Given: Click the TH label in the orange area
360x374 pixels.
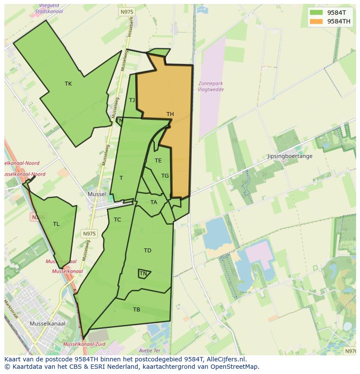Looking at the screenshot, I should click(170, 114).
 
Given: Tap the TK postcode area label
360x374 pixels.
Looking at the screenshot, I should click(68, 84).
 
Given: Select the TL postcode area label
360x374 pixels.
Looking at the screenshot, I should click(56, 224).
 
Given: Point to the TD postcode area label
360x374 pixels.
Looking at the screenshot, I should click(147, 251).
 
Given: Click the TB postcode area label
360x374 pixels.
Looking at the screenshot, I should click(137, 310).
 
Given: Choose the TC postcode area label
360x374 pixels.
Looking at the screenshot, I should click(117, 220).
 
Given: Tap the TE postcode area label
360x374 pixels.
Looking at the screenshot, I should click(158, 161).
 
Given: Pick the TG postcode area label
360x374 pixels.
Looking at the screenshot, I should click(165, 176).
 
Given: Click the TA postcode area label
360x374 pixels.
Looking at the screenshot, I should click(153, 202).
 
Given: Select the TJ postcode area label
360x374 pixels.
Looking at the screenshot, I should click(132, 100).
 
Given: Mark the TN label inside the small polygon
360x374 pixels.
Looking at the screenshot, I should click(143, 274).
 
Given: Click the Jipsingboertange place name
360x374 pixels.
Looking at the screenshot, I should click(290, 156).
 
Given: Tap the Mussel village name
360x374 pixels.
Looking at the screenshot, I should click(97, 194).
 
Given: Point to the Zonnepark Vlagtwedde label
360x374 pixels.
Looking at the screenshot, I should click(211, 86).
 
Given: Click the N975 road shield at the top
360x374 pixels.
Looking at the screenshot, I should click(126, 13).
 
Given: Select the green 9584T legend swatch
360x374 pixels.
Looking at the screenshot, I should click(316, 13).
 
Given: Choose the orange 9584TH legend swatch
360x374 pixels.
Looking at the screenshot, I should click(316, 21).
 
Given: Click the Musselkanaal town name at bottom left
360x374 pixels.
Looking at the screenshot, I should click(47, 324).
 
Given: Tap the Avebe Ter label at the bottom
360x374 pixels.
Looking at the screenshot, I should click(150, 351).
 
